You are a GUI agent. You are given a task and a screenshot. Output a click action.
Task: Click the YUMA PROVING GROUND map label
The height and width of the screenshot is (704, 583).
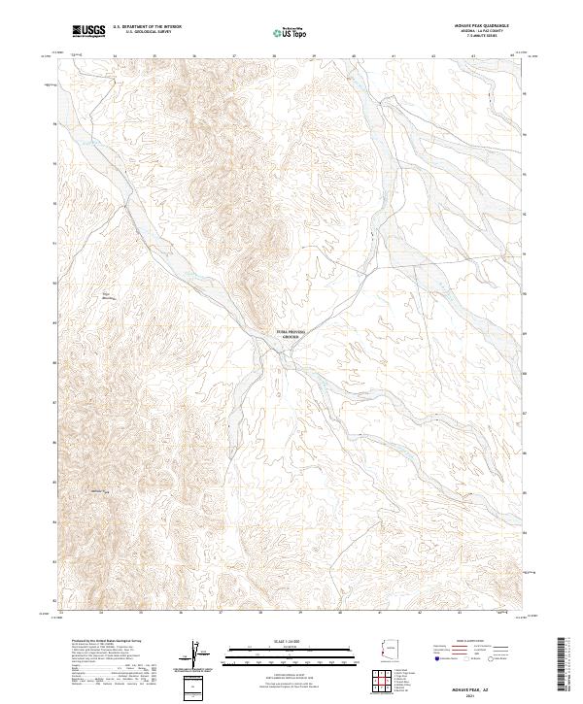click(291, 333)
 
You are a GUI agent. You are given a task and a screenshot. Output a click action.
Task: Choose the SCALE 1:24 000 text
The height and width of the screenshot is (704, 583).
click(291, 641)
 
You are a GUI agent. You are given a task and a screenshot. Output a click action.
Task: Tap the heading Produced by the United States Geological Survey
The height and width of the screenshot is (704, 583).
click(102, 643)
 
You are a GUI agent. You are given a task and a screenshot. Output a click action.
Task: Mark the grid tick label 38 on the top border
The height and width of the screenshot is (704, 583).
click(274, 55)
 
